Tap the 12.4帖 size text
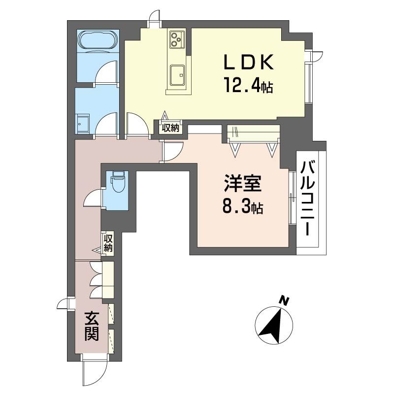(249, 87)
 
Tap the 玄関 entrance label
(92, 325)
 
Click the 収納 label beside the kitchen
(171, 128)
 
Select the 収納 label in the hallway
(108, 243)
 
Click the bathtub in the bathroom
(98, 40)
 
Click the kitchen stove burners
(177, 38)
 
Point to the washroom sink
(83, 123)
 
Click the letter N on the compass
(283, 300)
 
